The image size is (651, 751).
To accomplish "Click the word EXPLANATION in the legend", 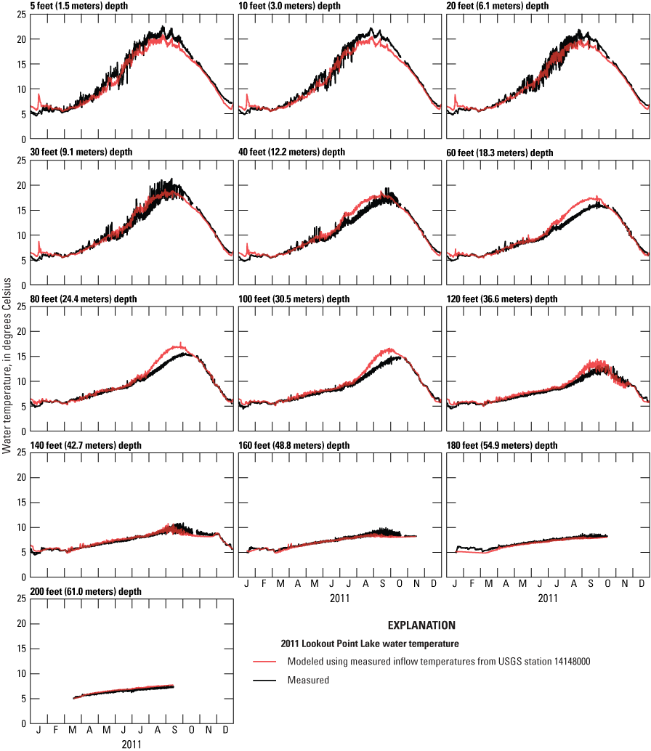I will pos(421,625).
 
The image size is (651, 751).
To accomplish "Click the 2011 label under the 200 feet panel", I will pos(132,744).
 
